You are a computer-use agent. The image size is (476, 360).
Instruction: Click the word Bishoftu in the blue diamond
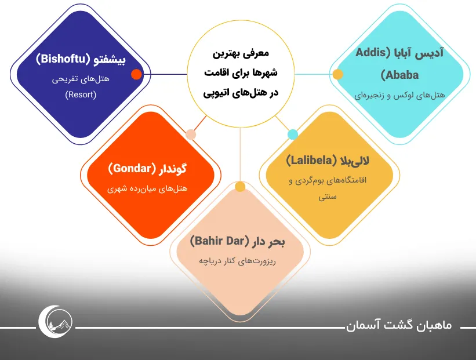62,59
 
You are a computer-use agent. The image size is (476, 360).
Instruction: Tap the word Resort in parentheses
81,94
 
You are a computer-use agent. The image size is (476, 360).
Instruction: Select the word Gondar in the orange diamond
132,169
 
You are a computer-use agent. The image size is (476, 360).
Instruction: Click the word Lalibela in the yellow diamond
311,160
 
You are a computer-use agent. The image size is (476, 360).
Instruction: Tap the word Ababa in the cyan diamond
400,75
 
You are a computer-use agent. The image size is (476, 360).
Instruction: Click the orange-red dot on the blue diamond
136,74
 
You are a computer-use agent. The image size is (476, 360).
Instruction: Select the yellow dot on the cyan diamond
337,74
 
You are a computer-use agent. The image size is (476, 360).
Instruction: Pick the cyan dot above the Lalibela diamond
293,134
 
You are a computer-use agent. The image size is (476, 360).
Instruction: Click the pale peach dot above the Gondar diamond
191,134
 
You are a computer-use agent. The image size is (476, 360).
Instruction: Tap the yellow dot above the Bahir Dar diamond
240,187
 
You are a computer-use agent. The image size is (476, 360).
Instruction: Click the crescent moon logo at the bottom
56,322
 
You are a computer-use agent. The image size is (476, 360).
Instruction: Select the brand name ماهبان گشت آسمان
399,325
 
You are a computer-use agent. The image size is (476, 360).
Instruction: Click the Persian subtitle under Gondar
147,188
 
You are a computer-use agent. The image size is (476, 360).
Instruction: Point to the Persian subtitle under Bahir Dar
237,261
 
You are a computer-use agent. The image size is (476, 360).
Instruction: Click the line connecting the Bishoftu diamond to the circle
164,74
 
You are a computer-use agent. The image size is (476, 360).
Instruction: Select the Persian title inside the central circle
241,73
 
